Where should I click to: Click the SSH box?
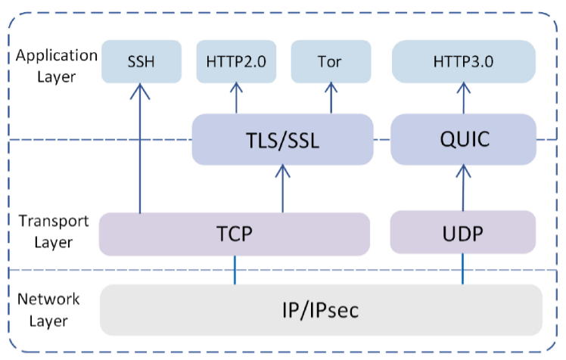141,61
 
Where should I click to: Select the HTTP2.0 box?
235,61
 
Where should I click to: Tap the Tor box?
330,61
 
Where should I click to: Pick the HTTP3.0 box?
463,61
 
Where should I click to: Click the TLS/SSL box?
282,140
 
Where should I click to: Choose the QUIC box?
463,140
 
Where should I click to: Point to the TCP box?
235,233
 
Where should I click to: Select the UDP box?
463,233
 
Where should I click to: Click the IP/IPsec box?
322,309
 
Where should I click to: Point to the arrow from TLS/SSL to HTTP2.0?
235,98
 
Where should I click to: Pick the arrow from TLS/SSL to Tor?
330,98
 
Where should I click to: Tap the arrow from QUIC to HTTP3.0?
463,98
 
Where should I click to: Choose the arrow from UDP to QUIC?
463,189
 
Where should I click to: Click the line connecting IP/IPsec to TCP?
235,269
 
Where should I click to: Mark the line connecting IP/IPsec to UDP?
463,269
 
